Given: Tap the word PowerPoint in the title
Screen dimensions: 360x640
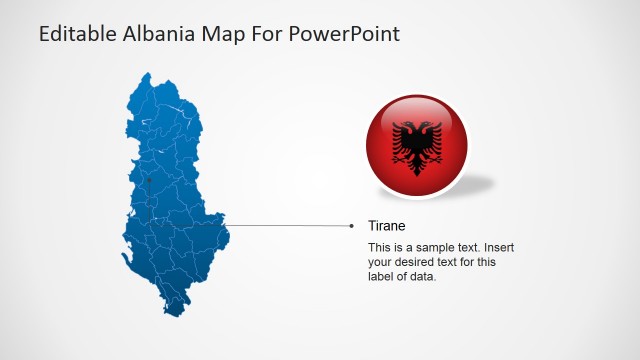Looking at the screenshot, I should click(x=343, y=33).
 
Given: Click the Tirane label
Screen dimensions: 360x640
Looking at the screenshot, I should click(x=386, y=226).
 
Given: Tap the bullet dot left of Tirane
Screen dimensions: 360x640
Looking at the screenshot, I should click(x=351, y=226).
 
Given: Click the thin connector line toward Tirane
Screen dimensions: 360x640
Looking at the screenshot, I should click(x=290, y=226).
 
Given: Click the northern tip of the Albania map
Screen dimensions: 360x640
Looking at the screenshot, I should click(x=147, y=74).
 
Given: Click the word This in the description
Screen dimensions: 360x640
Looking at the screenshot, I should click(x=379, y=247).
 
